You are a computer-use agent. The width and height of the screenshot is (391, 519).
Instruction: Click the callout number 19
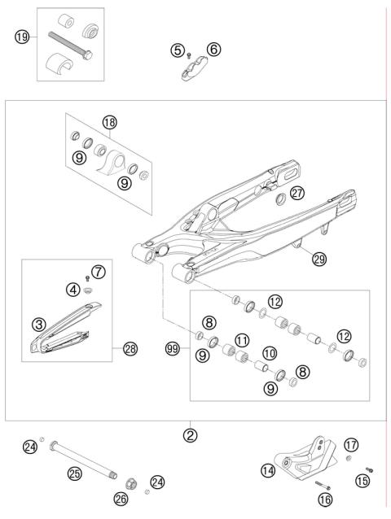pos(22,36)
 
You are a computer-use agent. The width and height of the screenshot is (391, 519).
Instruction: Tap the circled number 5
pos(177,50)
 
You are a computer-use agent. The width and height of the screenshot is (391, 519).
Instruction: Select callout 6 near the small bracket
pos(213,50)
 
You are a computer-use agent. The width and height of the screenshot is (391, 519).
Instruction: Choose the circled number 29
pos(319,259)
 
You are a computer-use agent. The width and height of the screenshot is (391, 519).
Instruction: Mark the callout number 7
pos(98,271)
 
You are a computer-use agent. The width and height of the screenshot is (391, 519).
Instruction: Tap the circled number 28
pos(130,349)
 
